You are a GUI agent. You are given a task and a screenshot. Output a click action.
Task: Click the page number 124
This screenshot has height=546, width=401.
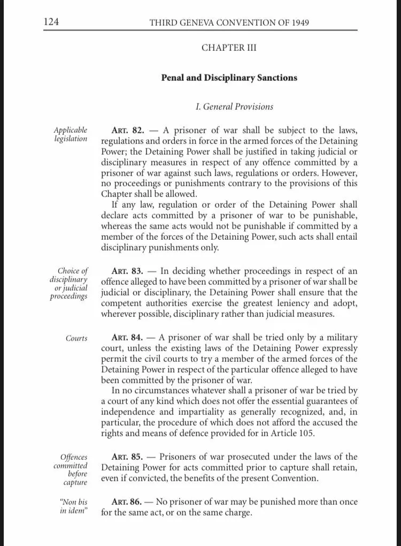point(51,22)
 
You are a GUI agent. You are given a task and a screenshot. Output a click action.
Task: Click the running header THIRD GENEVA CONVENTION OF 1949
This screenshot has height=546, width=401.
point(229,23)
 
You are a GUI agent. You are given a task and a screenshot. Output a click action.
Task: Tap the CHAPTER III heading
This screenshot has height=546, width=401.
point(229,48)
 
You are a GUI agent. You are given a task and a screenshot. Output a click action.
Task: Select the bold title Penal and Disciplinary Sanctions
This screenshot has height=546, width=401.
point(229,78)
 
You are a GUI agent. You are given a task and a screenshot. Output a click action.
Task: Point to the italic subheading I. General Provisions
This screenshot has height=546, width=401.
point(234,107)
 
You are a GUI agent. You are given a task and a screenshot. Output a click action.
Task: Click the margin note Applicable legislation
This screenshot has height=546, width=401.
point(70,134)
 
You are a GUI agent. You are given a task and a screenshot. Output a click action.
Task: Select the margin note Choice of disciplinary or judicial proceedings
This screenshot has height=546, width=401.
point(69,284)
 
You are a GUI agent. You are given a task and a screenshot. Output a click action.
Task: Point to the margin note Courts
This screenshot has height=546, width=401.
point(76,338)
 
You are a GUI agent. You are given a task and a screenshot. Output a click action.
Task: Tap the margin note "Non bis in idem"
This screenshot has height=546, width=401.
point(73,506)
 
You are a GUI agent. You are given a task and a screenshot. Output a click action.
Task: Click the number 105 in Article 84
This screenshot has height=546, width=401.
point(307,434)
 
